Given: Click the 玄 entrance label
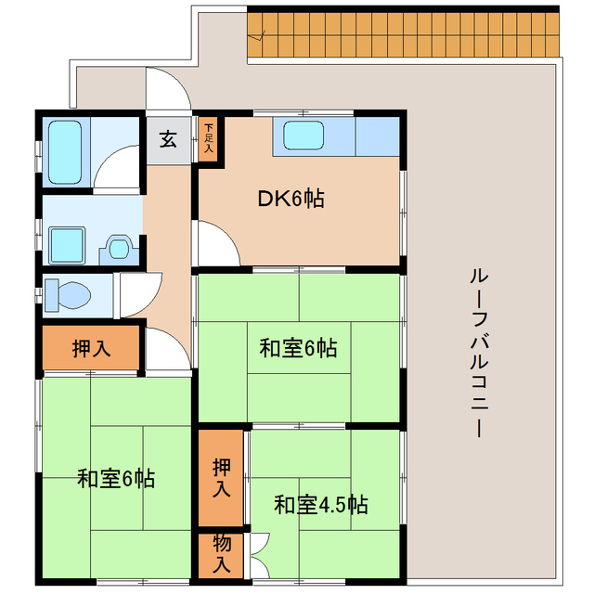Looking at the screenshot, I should (x=168, y=140).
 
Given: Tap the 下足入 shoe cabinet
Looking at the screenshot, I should (x=208, y=137).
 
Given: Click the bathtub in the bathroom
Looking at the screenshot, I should (x=64, y=151).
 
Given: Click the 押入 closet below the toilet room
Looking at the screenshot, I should (x=91, y=349).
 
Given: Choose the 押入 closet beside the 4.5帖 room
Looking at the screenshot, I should (x=221, y=477).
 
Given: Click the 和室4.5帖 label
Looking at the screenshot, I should (x=320, y=505).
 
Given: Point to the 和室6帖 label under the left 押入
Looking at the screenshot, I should (x=116, y=479).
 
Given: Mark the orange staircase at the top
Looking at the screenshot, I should (x=404, y=33).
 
